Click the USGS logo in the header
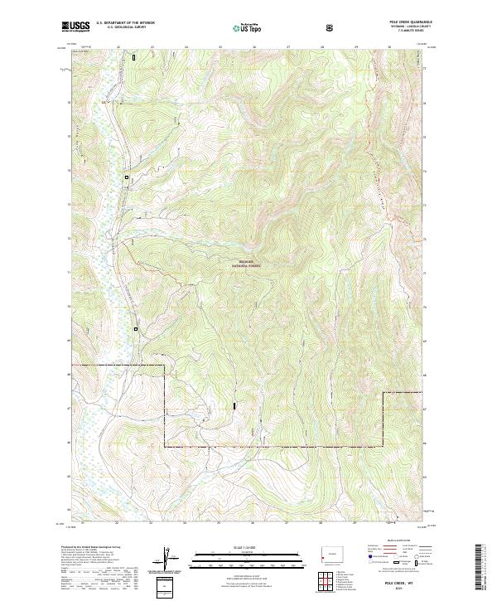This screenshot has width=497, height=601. [x=75, y=27]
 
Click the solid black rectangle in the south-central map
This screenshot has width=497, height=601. [x=235, y=405]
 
